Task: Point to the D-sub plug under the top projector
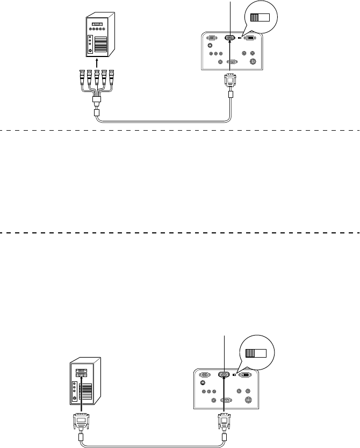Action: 230,80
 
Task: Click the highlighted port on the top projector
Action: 230,38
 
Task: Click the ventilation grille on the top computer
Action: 100,46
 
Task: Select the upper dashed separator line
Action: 180,130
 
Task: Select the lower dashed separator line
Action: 180,233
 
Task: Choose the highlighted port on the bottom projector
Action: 225,375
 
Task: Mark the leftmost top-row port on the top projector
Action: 211,38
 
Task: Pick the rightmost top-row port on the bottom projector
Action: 246,375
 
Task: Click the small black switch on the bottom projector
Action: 235,375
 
